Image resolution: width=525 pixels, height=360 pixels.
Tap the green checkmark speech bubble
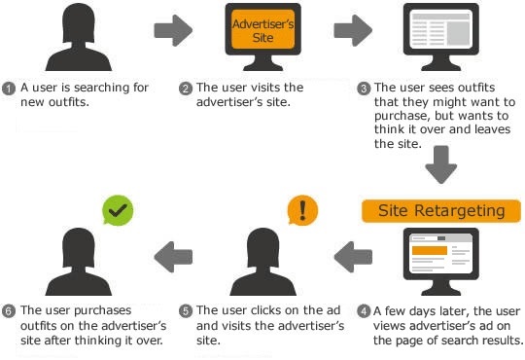coord(120,208)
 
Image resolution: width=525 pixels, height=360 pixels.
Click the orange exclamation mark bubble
coord(302,210)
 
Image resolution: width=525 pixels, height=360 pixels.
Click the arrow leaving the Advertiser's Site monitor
coord(353,29)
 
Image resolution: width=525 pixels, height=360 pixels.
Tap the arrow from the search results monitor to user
coord(354,258)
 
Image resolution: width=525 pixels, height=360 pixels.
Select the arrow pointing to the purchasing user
coord(174,258)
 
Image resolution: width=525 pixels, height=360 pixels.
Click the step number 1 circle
coord(8,89)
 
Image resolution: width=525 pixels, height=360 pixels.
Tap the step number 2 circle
coord(186,89)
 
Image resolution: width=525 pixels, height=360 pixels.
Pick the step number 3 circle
coord(365,89)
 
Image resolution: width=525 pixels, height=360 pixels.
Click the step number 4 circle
coord(364,312)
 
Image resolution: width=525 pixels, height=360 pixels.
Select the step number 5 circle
coord(186,312)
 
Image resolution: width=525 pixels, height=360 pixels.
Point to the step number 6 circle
coord(8,312)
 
